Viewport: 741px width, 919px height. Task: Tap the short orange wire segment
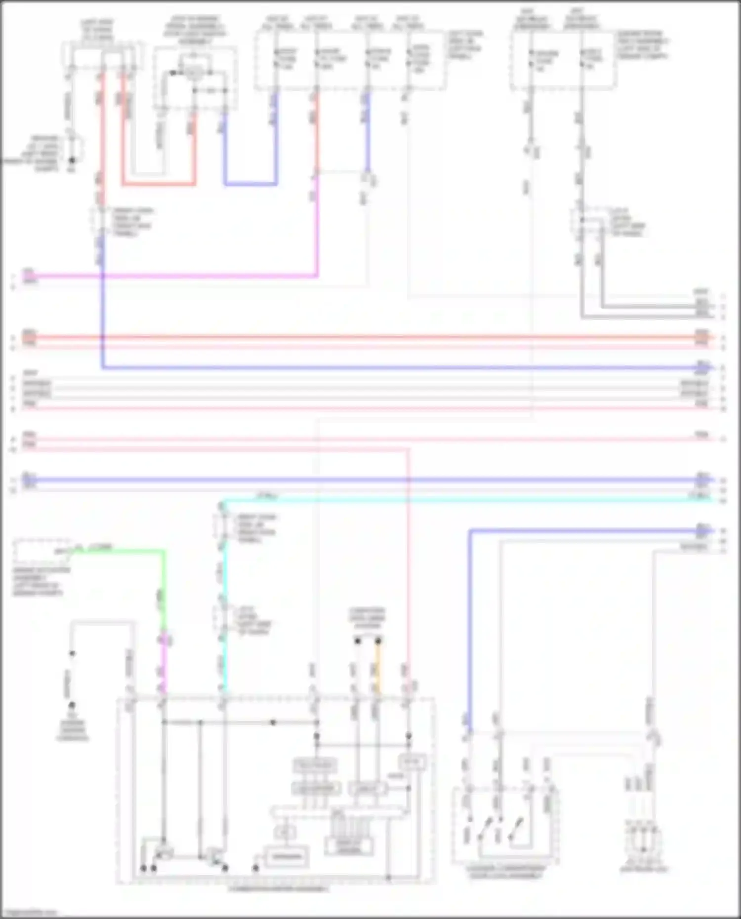pos(378,667)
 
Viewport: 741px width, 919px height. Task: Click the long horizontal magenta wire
pos(168,276)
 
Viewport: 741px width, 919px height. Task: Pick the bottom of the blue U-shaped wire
pos(250,184)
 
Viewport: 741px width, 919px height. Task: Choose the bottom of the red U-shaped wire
pos(158,184)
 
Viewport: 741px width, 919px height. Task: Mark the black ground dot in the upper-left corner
pos(72,160)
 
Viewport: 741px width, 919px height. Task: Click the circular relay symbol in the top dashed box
pos(193,74)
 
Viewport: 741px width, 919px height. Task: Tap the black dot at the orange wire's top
pos(378,641)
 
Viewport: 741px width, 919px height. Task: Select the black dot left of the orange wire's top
pos(357,641)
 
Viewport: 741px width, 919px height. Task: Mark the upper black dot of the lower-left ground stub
pos(72,653)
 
